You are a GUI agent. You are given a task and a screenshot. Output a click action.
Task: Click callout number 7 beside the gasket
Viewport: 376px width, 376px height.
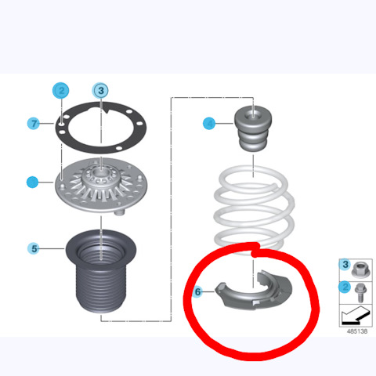point(34,124)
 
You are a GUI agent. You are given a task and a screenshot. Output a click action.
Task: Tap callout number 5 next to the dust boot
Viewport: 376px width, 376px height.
point(34,249)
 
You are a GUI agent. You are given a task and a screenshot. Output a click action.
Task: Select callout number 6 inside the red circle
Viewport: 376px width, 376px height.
point(198,291)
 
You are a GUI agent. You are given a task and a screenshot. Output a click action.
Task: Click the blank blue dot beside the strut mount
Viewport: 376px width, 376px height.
point(32,183)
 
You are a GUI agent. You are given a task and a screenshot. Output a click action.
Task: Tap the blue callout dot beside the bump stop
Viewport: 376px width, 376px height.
point(208,123)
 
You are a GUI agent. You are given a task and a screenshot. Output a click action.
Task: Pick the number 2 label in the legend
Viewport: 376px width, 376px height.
point(345,287)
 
